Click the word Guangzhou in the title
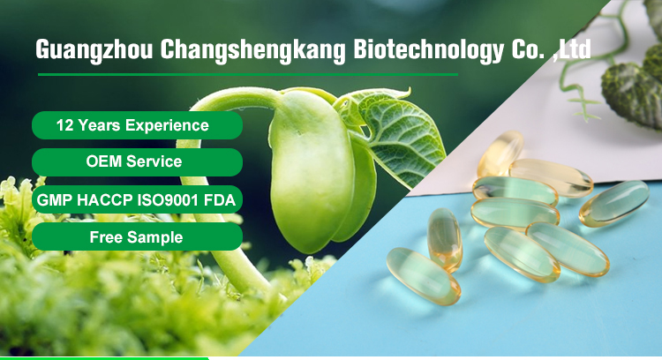pos(94,50)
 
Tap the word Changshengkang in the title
pos(252,50)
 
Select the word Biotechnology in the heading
pos(428,50)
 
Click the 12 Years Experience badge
pos(137,125)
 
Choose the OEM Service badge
pos(137,162)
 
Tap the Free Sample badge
pos(137,236)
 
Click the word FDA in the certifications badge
pos(220,199)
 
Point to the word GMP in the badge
pos(55,199)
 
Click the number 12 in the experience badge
pos(65,125)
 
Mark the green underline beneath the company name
pos(248,75)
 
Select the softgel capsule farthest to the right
pos(613,204)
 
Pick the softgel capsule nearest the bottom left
pos(423,276)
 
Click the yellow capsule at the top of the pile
pos(500,154)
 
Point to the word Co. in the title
pos(527,49)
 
